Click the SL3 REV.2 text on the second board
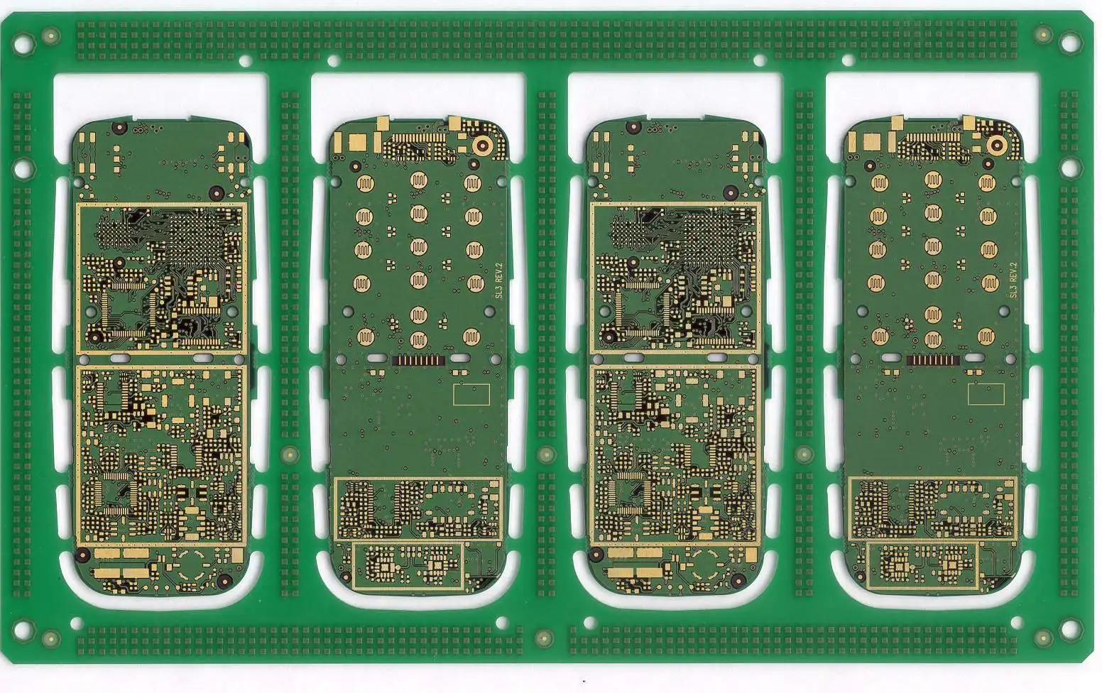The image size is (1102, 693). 498,281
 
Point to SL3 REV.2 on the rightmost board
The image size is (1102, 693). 1013,280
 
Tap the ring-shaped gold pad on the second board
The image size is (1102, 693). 483,145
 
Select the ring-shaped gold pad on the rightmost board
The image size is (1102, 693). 997,145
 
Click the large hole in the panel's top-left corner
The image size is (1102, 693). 23,44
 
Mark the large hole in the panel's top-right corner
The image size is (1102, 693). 1071,43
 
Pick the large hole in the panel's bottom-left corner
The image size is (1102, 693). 23,629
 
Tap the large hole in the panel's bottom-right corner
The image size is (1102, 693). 1071,629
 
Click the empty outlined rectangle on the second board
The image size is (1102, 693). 471,395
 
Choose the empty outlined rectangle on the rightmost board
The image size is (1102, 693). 986,394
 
